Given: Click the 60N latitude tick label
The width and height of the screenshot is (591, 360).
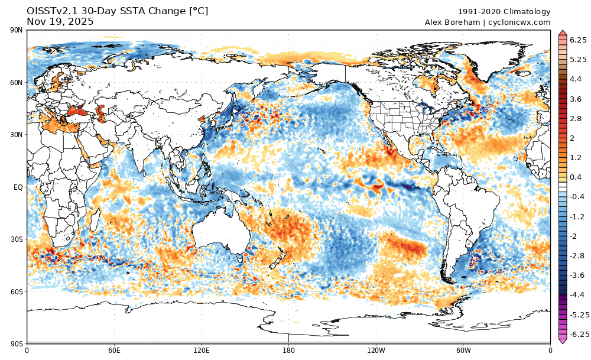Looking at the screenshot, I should tap(16, 83).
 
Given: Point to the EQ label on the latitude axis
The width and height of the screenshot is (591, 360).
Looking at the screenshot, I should tap(18, 187).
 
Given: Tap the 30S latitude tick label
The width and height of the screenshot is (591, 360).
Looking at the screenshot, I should tap(16, 239).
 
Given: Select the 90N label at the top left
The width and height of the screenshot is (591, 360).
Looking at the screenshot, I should tap(16, 31).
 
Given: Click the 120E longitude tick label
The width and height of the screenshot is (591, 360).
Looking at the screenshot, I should tap(202, 350).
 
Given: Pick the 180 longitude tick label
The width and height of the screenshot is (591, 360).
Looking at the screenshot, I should tap(288, 350).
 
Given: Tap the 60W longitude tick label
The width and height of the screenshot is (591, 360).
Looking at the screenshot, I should tap(463, 350).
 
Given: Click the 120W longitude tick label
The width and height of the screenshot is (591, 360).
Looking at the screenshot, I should tap(376, 350).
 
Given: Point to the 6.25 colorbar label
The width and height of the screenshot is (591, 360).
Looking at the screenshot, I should tap(578, 40).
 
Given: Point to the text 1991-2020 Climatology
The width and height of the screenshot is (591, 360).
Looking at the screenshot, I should tap(504, 12).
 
